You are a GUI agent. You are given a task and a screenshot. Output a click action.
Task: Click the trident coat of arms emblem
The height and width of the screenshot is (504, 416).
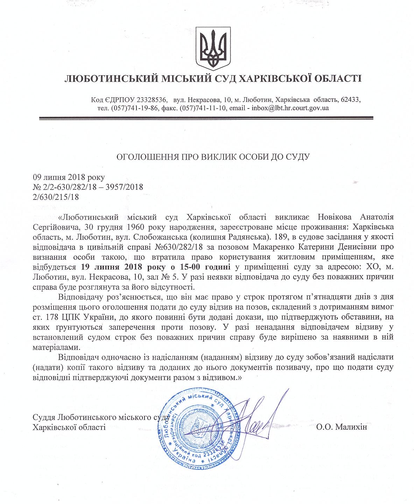214,46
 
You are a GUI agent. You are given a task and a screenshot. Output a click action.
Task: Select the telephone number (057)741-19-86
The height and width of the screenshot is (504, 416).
133,108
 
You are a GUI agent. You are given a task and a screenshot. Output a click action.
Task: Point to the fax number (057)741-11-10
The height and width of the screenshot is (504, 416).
202,108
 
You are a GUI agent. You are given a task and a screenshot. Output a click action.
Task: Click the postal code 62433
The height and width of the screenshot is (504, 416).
351,99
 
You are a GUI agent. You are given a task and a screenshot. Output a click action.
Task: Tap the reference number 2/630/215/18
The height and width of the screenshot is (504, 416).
56,197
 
